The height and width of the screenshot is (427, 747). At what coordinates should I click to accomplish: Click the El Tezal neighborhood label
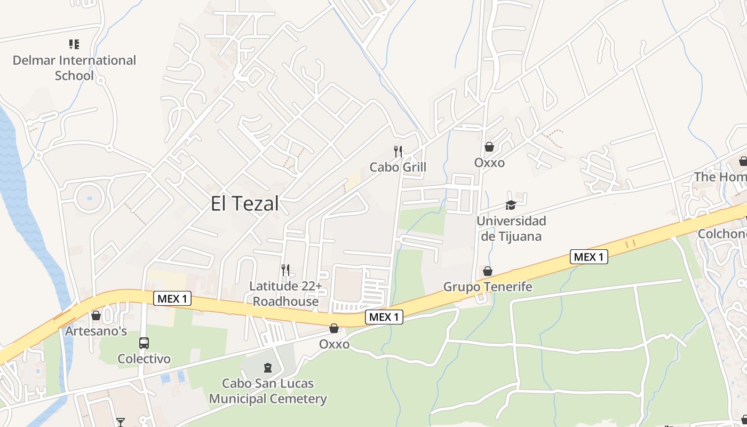245,204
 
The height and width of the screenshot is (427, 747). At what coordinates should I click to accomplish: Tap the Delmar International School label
74,68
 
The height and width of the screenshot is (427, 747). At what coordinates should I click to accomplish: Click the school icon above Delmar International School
74,44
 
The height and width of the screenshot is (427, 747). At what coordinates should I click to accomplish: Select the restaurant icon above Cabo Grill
398,152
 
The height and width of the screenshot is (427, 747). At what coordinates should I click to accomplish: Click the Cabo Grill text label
398,168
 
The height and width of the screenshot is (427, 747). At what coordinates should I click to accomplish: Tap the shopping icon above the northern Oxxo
489,147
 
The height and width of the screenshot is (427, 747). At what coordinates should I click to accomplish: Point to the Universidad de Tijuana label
511,228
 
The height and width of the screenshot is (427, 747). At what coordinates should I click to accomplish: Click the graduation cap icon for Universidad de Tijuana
511,205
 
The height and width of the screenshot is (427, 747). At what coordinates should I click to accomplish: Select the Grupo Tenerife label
488,287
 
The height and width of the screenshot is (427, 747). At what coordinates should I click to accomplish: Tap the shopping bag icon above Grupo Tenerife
488,271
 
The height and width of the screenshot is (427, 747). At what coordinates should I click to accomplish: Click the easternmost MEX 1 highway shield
589,257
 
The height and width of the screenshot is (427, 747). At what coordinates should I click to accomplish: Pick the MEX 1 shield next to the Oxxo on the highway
384,317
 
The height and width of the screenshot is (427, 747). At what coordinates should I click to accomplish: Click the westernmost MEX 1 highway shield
172,299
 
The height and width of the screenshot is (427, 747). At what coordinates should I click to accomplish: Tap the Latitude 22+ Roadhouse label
285,294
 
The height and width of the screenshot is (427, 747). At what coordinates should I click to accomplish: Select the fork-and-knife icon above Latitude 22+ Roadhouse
285,270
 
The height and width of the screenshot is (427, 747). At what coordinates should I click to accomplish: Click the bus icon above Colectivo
144,343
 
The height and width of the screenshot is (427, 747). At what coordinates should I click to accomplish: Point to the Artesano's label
96,331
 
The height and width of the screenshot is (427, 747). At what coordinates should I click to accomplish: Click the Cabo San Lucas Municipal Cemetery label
268,391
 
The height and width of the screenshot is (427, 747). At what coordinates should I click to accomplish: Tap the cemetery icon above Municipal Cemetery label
268,367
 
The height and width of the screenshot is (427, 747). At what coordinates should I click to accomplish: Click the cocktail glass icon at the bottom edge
121,422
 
